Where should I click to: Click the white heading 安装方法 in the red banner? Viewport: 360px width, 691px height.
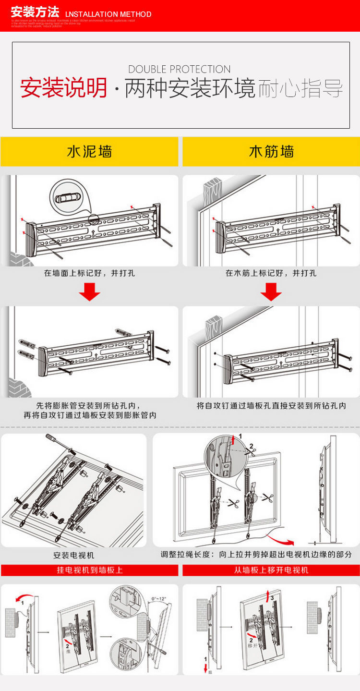coord(35,12)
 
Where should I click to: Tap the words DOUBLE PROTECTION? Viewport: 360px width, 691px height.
coord(180,69)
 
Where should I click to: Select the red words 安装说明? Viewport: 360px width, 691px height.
coord(64,88)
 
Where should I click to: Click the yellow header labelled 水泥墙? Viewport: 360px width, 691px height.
coord(89,152)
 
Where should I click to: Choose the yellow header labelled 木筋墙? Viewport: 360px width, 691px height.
coord(271,152)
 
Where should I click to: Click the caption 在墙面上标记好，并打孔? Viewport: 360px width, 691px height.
coord(90,273)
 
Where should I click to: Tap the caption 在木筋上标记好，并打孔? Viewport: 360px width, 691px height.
coord(271,273)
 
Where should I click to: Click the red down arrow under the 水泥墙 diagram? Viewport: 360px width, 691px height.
coord(89,292)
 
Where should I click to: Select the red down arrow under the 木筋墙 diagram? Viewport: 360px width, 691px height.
coord(271,292)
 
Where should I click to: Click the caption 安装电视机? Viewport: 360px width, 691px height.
coord(73,556)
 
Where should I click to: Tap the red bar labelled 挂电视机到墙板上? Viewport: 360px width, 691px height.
coord(90,570)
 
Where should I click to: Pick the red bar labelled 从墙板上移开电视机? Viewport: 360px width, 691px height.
coord(271,570)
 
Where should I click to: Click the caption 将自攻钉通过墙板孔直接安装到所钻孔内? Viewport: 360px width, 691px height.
coord(271,406)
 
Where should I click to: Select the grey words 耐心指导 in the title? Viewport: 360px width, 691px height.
coord(300,89)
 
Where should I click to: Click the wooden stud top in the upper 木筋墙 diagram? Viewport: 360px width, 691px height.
coord(213,185)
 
